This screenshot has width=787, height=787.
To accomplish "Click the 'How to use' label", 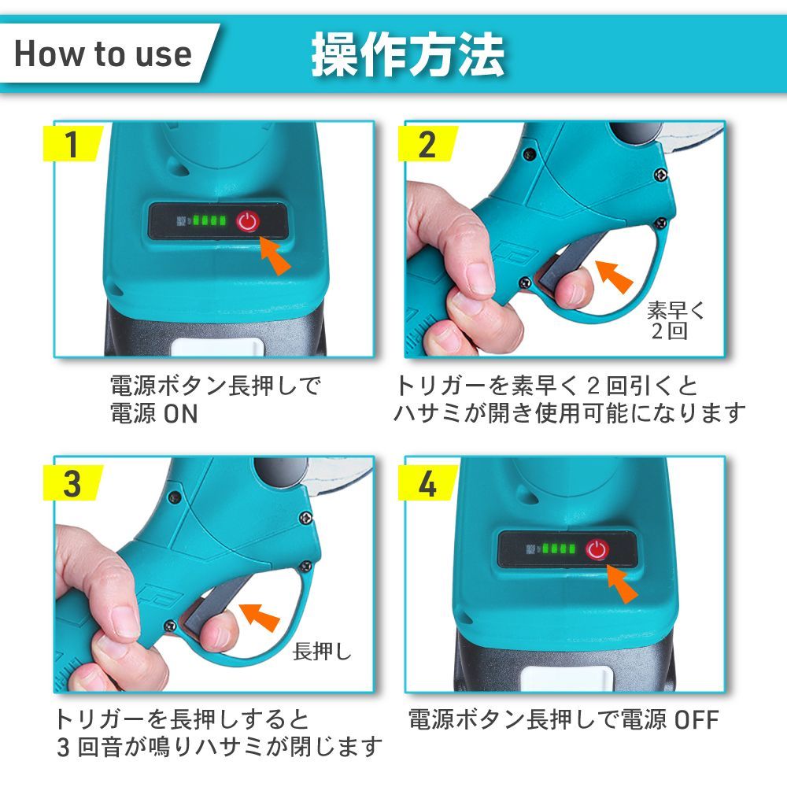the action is tap(103, 54).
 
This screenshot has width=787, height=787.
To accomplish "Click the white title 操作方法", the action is tap(408, 55).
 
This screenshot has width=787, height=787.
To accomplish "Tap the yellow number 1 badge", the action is tap(73, 143).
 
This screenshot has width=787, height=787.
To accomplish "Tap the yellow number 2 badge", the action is tap(427, 143).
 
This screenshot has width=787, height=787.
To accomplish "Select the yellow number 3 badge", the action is tap(73, 483).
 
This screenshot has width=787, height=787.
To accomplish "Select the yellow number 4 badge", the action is tap(427, 483).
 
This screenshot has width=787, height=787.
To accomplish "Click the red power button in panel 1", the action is tap(248, 221).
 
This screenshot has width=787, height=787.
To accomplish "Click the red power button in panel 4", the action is tap(597, 549).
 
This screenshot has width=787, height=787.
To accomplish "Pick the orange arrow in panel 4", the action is tap(622, 582).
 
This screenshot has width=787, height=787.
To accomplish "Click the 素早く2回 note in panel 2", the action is tap(675, 320).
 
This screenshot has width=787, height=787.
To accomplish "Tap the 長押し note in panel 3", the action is tap(322, 652).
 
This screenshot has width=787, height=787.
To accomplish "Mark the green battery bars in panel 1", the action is tap(209, 220).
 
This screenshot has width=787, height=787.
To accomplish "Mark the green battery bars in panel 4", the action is tap(558, 548).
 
